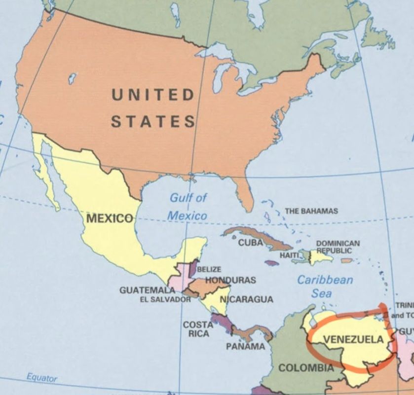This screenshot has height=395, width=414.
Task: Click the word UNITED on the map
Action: click(x=152, y=95)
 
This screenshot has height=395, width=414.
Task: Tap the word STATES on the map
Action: click(x=152, y=121)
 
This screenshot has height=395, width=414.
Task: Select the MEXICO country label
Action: click(x=109, y=218)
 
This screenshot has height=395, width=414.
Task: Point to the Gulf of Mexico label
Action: click(x=188, y=207)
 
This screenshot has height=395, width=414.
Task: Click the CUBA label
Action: click(x=251, y=243)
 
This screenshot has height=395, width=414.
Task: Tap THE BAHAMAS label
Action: click(x=311, y=211)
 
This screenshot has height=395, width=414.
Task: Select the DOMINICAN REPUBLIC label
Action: click(x=338, y=247)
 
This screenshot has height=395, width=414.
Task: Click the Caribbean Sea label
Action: click(x=325, y=287)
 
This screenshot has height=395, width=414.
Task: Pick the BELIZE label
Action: click(x=209, y=270)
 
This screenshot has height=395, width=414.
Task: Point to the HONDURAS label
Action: click(x=230, y=280)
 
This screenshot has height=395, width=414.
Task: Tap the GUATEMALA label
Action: click(x=147, y=290)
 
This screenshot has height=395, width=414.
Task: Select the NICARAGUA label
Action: click(x=246, y=299)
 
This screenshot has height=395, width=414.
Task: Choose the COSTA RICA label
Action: click(x=198, y=329)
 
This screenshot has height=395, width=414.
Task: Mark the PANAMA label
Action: click(x=245, y=346)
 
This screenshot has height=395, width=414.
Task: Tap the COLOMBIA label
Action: click(x=306, y=368)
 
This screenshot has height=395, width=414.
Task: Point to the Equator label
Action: click(x=42, y=378)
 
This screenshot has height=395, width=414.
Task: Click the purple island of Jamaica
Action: click(x=271, y=263)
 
